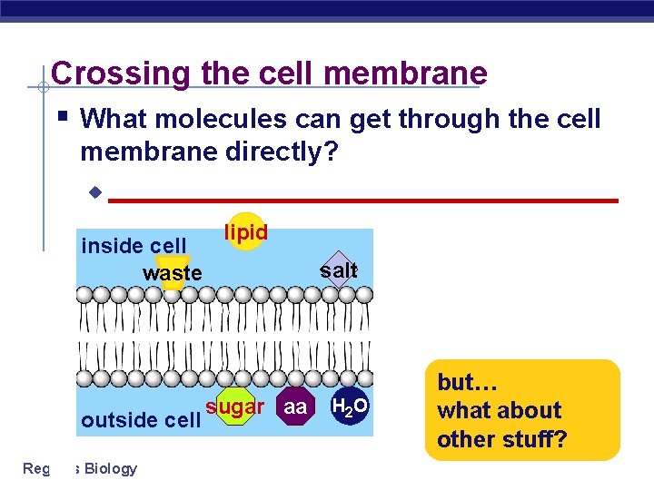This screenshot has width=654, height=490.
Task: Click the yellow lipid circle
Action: point(246,233)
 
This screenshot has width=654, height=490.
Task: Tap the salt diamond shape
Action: point(339,269)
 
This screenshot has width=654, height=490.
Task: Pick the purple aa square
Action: point(295,407)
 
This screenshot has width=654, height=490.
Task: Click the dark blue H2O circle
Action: point(349,407)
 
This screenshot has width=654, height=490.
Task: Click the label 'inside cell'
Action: point(134,246)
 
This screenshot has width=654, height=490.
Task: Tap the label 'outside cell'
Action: point(140,420)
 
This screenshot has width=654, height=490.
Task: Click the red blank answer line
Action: point(362,200)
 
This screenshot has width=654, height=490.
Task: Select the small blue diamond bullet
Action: point(93,193)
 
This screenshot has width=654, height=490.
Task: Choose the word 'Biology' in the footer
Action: point(110,468)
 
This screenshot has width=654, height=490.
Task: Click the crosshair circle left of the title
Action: point(43,87)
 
